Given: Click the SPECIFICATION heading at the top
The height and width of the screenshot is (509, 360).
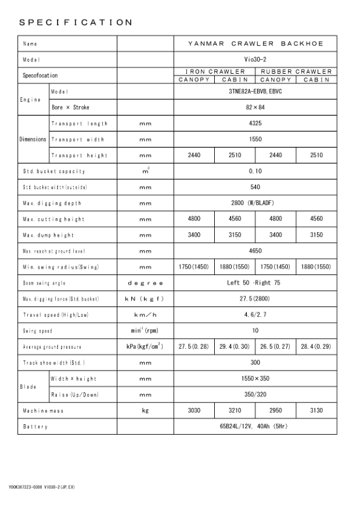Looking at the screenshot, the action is pyautogui.click(x=76, y=23).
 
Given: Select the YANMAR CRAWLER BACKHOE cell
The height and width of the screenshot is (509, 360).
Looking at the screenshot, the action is pyautogui.click(x=255, y=44).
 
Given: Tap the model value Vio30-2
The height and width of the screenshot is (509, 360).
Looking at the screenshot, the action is pyautogui.click(x=255, y=60).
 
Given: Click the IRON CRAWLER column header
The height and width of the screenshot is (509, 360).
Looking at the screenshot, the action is pyautogui.click(x=215, y=71).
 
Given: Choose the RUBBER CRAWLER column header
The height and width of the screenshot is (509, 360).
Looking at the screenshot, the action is pyautogui.click(x=296, y=71).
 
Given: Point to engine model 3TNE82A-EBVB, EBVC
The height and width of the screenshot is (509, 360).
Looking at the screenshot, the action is pyautogui.click(x=255, y=91).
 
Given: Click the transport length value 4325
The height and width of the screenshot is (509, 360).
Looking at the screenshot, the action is pyautogui.click(x=255, y=123).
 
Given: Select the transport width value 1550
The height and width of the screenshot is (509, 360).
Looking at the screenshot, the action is pyautogui.click(x=255, y=139).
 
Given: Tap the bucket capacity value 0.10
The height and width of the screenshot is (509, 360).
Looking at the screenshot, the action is pyautogui.click(x=255, y=171).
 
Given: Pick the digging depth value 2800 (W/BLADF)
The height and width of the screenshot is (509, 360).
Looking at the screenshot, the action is pyautogui.click(x=255, y=203).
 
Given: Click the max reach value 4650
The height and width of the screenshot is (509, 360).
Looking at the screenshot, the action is pyautogui.click(x=255, y=250).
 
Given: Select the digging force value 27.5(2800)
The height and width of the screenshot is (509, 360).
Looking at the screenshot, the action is pyautogui.click(x=255, y=299).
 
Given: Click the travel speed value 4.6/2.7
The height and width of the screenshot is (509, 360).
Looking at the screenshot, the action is pyautogui.click(x=255, y=315).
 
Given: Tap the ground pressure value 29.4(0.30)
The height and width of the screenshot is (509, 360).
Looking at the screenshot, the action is pyautogui.click(x=235, y=347).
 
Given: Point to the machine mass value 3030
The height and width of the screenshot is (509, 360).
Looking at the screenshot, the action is pyautogui.click(x=194, y=411).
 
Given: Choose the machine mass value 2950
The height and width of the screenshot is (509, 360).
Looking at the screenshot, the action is pyautogui.click(x=276, y=411).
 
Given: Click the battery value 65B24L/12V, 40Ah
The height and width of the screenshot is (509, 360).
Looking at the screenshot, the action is pyautogui.click(x=255, y=427).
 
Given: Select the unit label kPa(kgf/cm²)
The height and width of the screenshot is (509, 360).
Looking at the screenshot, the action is pyautogui.click(x=145, y=347).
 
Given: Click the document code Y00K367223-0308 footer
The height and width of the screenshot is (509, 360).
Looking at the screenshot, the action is pyautogui.click(x=42, y=487).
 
